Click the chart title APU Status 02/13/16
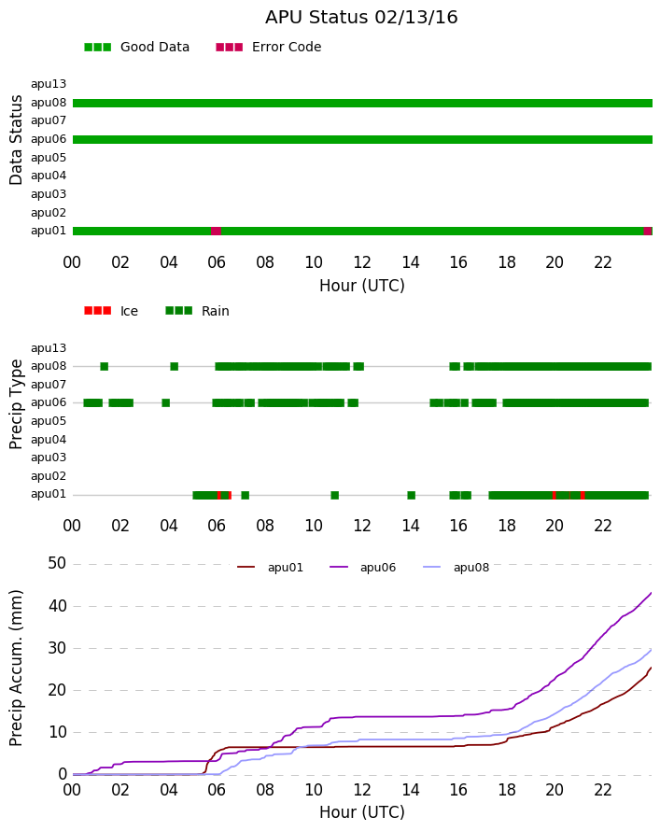tap(361, 18)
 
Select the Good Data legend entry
tap(136, 48)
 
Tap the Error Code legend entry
tap(269, 48)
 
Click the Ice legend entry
tap(111, 311)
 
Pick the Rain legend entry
tap(197, 311)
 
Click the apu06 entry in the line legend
tap(363, 568)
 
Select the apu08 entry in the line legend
tap(456, 568)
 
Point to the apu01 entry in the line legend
tap(270, 568)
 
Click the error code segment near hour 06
tap(217, 231)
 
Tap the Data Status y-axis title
tap(16, 140)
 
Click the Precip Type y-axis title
tap(16, 404)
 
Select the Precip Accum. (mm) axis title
tap(16, 669)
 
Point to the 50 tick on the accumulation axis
tap(57, 563)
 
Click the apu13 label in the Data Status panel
tap(49, 84)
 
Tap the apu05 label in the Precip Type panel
tap(49, 421)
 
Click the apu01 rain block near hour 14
tap(412, 496)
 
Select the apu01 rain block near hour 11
tap(335, 496)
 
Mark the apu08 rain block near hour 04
tap(175, 366)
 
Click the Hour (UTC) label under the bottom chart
tap(362, 812)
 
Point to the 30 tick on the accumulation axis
tap(57, 648)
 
